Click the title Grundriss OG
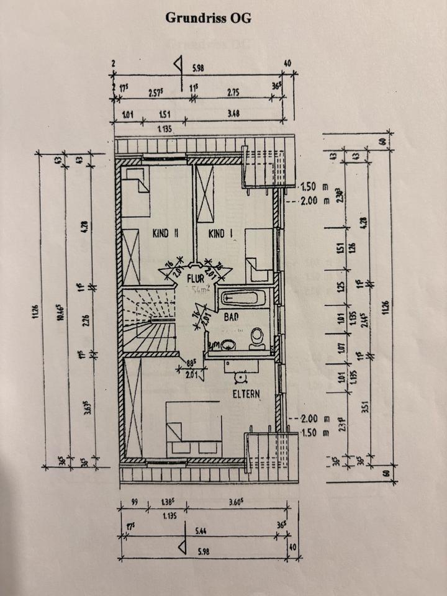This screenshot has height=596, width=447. pos(209,18)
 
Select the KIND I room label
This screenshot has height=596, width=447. pos(219,234)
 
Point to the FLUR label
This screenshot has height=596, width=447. pos(197,279)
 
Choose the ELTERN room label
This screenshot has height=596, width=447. pos(246,394)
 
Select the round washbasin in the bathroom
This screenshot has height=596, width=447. pos(227,343)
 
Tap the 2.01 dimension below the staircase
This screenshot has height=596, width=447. pos(191,374)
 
